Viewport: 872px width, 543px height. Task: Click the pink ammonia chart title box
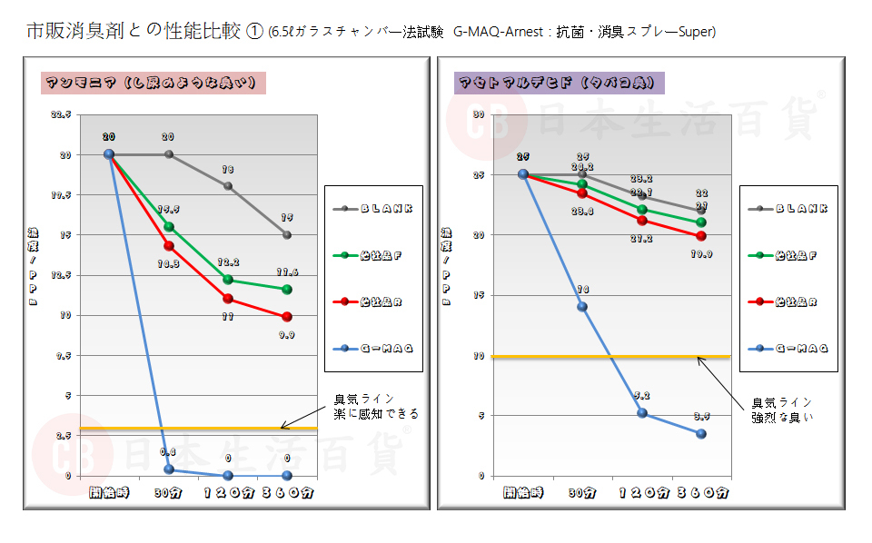(x=154, y=83)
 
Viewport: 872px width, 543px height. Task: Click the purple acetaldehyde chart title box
(x=560, y=83)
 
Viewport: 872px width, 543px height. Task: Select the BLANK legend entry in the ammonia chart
(x=373, y=208)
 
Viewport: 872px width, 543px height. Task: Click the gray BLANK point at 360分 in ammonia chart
(x=287, y=234)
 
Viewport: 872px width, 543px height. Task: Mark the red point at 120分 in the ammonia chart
(x=228, y=299)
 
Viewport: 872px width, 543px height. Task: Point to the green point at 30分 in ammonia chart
(x=168, y=226)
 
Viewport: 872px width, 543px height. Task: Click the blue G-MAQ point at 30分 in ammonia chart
(x=169, y=469)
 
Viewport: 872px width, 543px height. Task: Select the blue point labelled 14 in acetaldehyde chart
(x=582, y=306)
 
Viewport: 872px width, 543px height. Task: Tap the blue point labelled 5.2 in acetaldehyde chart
(x=642, y=413)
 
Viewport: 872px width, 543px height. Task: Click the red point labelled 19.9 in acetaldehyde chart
(x=701, y=236)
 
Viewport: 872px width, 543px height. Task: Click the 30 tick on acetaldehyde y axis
(x=479, y=115)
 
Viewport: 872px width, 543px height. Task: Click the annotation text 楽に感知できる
(x=377, y=413)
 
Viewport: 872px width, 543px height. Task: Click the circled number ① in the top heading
(x=255, y=33)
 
